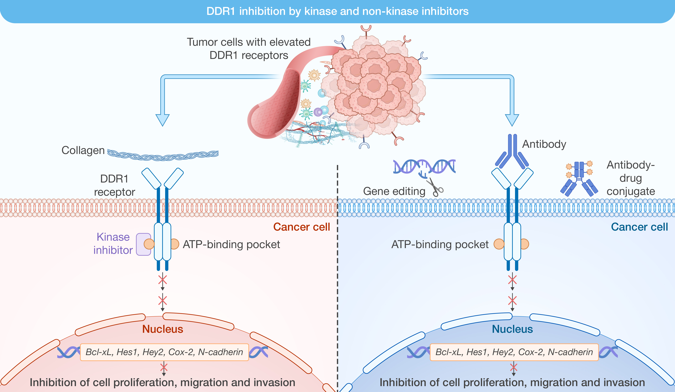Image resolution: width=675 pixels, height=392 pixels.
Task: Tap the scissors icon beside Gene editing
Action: click(x=435, y=188)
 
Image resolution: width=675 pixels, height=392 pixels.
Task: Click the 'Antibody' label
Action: click(x=544, y=144)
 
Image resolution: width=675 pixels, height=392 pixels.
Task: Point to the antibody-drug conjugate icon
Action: click(x=579, y=179)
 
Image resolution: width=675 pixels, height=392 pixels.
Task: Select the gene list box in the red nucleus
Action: click(x=164, y=352)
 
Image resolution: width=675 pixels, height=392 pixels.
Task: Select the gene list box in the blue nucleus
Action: click(x=514, y=352)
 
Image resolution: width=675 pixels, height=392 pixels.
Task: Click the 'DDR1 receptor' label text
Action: click(x=114, y=185)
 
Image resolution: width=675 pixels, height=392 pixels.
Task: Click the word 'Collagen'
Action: click(x=83, y=150)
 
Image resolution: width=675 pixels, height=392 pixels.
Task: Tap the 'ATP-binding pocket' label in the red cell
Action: click(x=231, y=244)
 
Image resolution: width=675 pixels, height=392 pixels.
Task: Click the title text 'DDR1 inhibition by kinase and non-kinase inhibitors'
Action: click(x=337, y=11)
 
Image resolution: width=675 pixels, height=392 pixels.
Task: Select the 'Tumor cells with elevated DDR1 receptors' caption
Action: click(x=249, y=49)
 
